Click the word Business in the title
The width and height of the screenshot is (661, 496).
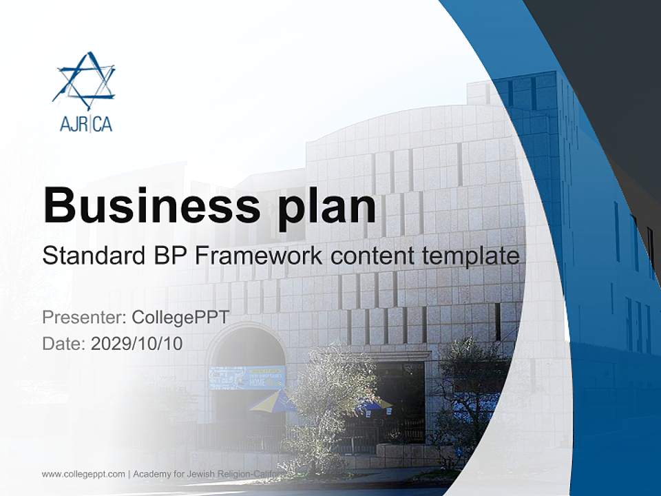(x=147, y=205)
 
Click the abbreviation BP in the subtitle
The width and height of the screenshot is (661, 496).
(x=170, y=256)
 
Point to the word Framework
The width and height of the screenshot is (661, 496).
(x=259, y=256)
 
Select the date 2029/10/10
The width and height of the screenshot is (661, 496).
(x=136, y=343)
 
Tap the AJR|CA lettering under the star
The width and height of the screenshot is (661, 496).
(x=85, y=124)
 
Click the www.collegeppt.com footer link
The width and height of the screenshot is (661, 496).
(x=83, y=474)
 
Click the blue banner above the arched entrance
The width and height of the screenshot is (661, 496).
(x=246, y=377)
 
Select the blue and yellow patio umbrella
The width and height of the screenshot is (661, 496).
(x=273, y=400)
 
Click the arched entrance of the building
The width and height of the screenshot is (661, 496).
(x=246, y=386)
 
